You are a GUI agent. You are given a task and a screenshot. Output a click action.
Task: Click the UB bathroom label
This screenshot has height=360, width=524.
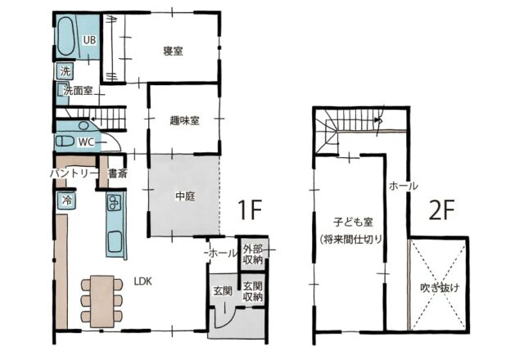(x=89, y=40)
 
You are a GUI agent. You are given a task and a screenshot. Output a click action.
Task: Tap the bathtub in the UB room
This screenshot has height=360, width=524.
(x=65, y=36)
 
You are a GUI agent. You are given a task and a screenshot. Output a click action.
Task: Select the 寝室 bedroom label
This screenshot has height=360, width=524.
(x=173, y=51)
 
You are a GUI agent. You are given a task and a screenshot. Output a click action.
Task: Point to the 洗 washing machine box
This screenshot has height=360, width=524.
(x=65, y=71)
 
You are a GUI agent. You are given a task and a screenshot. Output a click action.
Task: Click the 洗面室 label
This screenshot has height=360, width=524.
(x=78, y=91)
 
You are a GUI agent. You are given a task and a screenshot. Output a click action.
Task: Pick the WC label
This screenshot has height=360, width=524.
(x=86, y=142)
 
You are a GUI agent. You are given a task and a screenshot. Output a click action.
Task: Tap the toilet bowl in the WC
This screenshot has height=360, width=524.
(x=65, y=141)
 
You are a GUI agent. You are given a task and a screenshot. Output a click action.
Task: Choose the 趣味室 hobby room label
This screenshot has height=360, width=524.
(x=185, y=120)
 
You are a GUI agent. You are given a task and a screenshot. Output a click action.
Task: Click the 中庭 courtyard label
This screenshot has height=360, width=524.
(x=185, y=196)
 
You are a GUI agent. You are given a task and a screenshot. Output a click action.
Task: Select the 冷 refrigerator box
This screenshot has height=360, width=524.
(x=67, y=200)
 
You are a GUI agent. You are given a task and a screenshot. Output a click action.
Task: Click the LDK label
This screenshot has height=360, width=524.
(x=142, y=281)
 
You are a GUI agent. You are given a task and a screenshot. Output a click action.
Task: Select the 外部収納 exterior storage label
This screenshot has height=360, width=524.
(x=253, y=254)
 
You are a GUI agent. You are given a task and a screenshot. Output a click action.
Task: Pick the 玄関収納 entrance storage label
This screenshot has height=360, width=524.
(x=253, y=291)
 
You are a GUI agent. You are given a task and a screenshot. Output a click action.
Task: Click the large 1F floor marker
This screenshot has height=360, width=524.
(x=249, y=210)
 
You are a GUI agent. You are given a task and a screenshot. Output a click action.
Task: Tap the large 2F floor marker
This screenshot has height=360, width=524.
(x=441, y=210)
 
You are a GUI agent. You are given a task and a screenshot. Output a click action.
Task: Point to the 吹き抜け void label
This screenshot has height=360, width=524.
(x=440, y=287)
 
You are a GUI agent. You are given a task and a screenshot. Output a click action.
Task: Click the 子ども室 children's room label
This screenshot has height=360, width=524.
(x=353, y=222)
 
